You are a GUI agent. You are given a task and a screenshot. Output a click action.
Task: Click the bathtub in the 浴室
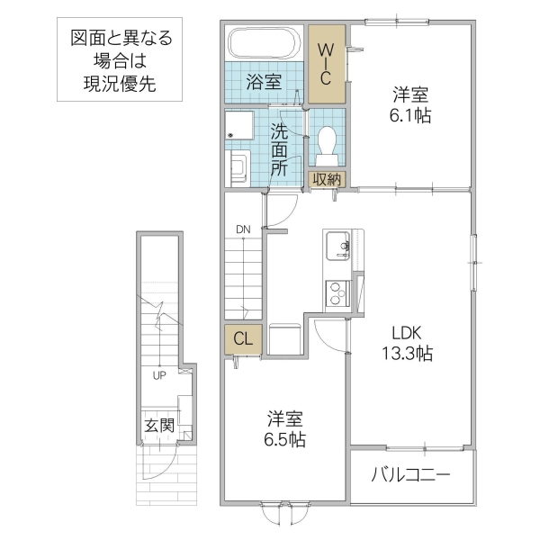[263, 44]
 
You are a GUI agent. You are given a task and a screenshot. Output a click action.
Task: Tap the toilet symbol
[327, 141]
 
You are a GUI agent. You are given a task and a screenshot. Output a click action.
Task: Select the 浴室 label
[264, 82]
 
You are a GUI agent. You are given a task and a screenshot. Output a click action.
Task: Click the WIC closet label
[327, 63]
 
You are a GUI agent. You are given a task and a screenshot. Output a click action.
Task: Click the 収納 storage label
[327, 179]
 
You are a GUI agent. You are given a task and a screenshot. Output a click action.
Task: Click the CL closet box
[243, 339]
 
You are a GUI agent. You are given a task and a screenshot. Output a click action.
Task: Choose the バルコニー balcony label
[410, 474]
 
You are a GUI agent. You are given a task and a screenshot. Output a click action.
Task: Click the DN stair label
[243, 229]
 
